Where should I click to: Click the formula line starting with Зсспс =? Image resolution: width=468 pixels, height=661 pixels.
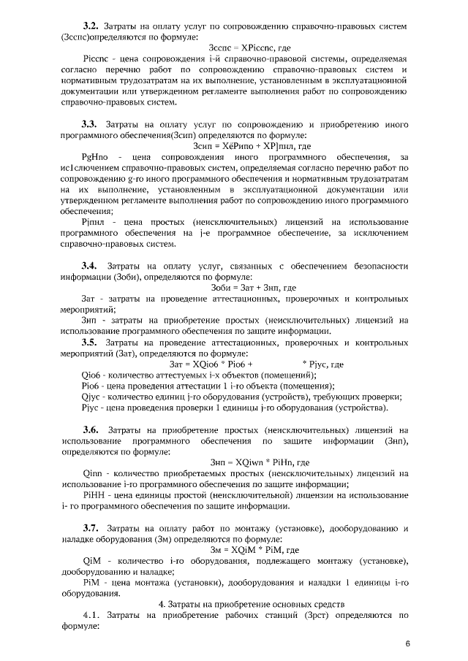pos(233,47)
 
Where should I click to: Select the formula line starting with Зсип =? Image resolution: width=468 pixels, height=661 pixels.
pos(233,146)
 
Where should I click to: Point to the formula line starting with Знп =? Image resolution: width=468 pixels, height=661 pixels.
pos(233,462)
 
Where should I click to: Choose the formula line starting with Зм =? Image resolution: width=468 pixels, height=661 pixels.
pos(233,549)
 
